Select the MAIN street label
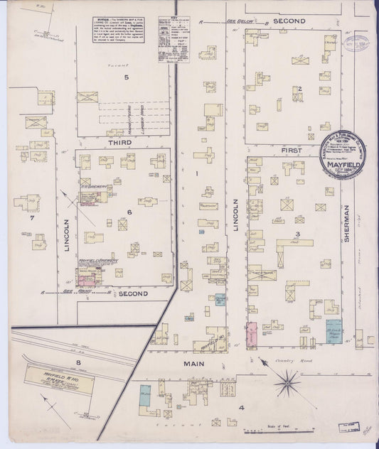click(x=196, y=363)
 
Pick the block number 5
click(x=126, y=77)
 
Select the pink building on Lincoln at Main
click(x=251, y=335)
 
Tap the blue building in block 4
click(x=145, y=395)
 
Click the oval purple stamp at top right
click(x=357, y=42)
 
